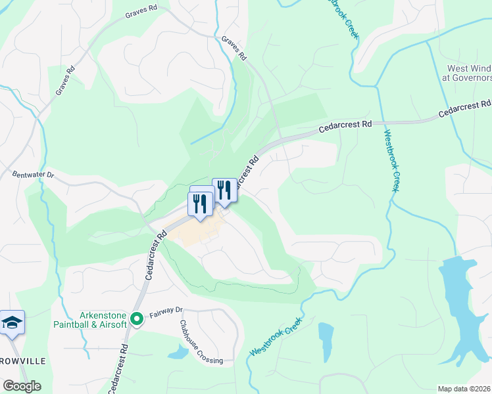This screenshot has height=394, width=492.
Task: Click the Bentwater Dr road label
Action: (32, 175)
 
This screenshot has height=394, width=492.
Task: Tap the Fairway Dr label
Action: (164, 315)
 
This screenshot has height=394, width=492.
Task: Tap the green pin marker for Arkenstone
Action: (137, 320)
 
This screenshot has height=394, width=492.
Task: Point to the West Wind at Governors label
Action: (468, 72)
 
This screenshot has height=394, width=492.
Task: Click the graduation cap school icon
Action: (12, 322)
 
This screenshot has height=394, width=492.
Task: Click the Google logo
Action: (21, 386)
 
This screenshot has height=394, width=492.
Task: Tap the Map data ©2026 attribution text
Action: (464, 389)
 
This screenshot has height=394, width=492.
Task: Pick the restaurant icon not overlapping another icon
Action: (224, 189)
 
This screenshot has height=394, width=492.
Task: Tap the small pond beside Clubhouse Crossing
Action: (178, 352)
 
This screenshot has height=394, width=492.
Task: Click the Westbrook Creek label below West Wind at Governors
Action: (391, 161)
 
